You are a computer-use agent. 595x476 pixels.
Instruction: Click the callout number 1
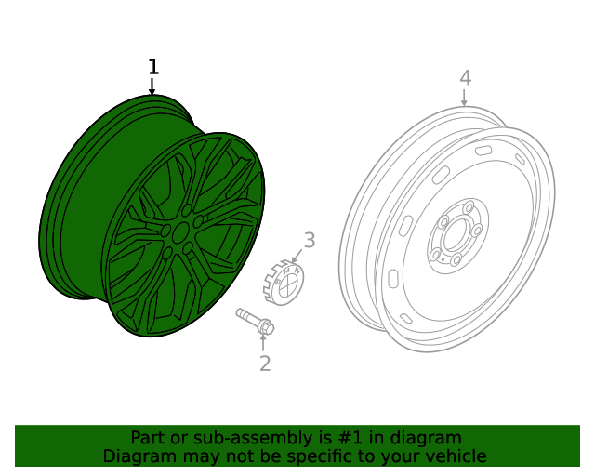click(x=153, y=67)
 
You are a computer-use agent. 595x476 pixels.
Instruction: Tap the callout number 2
click(x=265, y=364)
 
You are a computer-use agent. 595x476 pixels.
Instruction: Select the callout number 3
click(x=310, y=241)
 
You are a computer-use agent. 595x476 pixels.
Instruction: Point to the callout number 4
click(x=465, y=78)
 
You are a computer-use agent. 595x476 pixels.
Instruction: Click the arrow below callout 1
click(x=152, y=86)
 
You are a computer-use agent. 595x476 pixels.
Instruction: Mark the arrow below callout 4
click(x=465, y=98)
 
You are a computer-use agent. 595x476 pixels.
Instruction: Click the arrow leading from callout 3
click(x=297, y=255)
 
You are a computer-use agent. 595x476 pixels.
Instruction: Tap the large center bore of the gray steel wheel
click(x=455, y=235)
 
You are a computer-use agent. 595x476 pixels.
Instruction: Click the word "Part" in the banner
click(x=149, y=437)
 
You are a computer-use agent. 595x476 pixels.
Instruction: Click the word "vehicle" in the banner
click(x=454, y=456)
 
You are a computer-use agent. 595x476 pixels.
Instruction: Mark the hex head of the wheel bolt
click(x=266, y=327)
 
